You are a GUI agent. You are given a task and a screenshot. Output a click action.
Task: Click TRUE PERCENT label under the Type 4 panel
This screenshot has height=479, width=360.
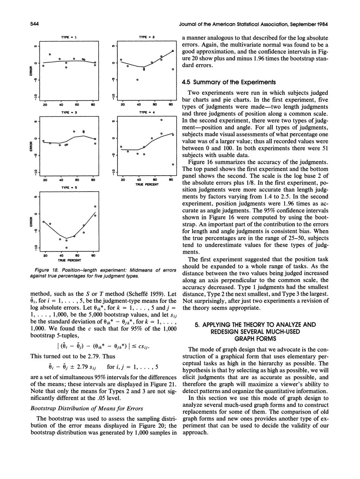(146, 185)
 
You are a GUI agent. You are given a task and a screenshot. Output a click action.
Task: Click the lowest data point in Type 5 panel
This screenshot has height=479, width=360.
(66, 247)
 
